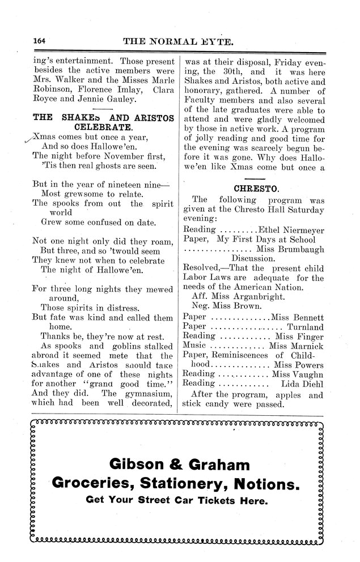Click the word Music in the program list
coord(198,346)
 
